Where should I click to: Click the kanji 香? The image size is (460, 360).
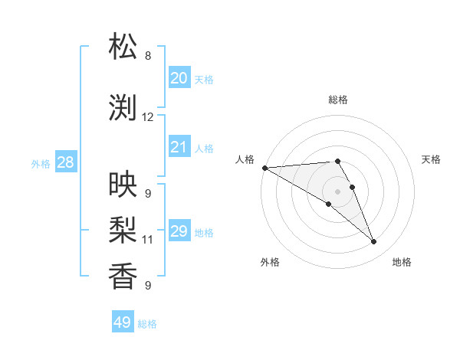[123, 276]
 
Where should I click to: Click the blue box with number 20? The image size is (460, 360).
[179, 78]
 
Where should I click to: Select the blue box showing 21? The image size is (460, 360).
[179, 147]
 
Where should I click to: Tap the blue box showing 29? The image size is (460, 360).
[179, 231]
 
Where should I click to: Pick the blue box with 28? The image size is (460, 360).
[65, 162]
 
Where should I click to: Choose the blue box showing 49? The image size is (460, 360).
[122, 322]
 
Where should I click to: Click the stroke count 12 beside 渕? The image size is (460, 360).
[148, 117]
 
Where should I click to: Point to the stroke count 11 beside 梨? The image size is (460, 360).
[148, 240]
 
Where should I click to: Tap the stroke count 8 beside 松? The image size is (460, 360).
[148, 56]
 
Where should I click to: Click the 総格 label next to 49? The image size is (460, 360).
[147, 324]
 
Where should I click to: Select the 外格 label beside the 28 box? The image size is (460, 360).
[41, 163]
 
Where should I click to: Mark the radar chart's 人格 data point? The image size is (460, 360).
[264, 168]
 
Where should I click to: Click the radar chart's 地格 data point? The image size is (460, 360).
[373, 242]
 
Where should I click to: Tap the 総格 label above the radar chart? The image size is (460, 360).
[337, 100]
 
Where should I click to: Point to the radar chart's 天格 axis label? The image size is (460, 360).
[432, 159]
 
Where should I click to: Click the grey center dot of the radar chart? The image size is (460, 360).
[337, 191]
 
